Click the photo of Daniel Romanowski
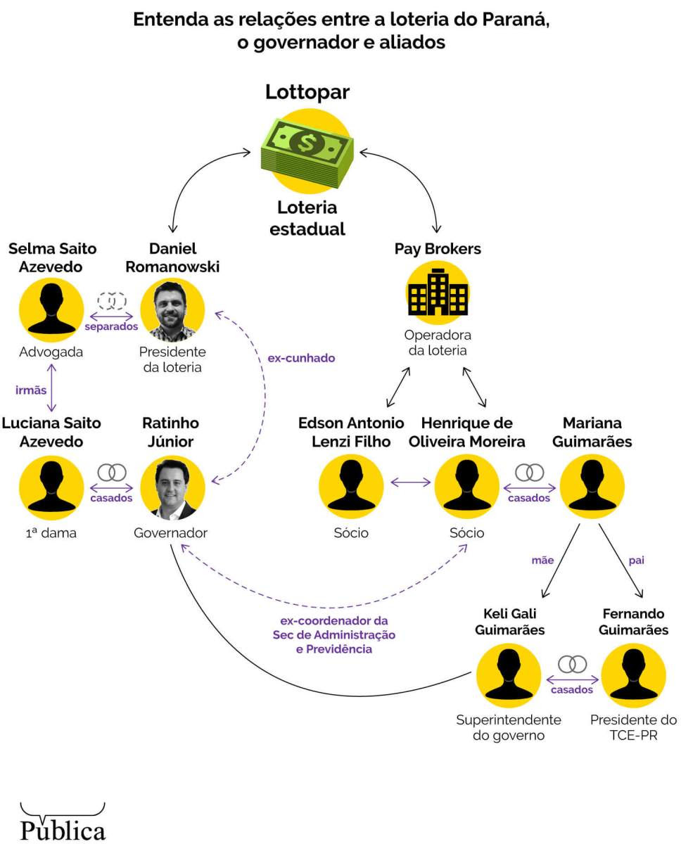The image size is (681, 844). coord(172,310)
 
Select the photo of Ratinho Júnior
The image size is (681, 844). coord(172,487)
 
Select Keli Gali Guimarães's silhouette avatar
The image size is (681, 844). coord(509,676)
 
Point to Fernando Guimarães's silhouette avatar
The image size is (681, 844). coord(633,676)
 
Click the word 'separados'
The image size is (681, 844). coord(111,326)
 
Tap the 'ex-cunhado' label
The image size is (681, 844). coord(301,358)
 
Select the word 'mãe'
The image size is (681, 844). coord(542,561)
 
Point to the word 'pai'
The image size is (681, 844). coord(636,561)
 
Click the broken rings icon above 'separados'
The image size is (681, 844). coord(111,300)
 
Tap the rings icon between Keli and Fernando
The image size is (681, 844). coord(572,663)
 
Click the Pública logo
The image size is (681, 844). coord(63,823)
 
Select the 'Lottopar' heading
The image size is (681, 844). coord(307,92)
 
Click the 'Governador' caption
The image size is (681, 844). coord(171,533)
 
